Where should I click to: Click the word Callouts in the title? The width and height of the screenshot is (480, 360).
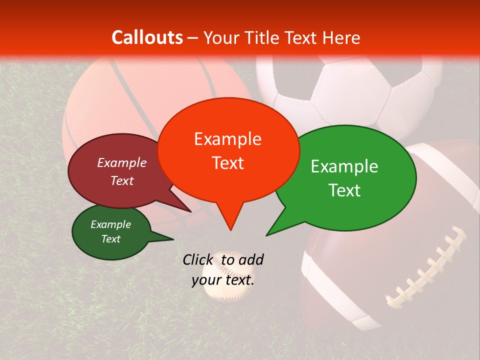tap(147, 37)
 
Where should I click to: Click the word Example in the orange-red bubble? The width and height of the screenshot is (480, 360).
tap(227, 139)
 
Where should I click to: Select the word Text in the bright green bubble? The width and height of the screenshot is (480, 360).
tap(345, 190)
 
